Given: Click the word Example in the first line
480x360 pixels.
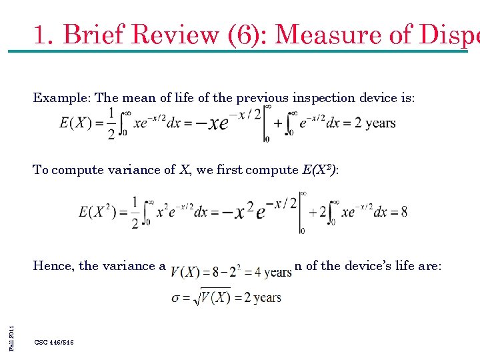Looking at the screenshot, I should (62, 98).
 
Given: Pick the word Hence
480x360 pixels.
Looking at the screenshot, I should (53, 266).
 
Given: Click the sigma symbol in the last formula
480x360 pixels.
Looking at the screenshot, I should (177, 297).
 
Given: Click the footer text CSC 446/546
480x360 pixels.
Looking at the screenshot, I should (54, 342).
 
